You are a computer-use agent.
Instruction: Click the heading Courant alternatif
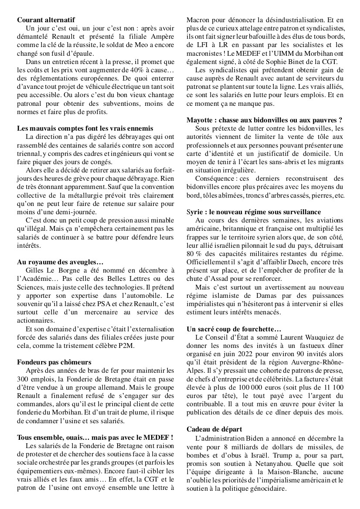(46, 20)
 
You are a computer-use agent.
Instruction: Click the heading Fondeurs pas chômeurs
(54, 362)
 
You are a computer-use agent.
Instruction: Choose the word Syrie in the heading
(194, 212)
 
